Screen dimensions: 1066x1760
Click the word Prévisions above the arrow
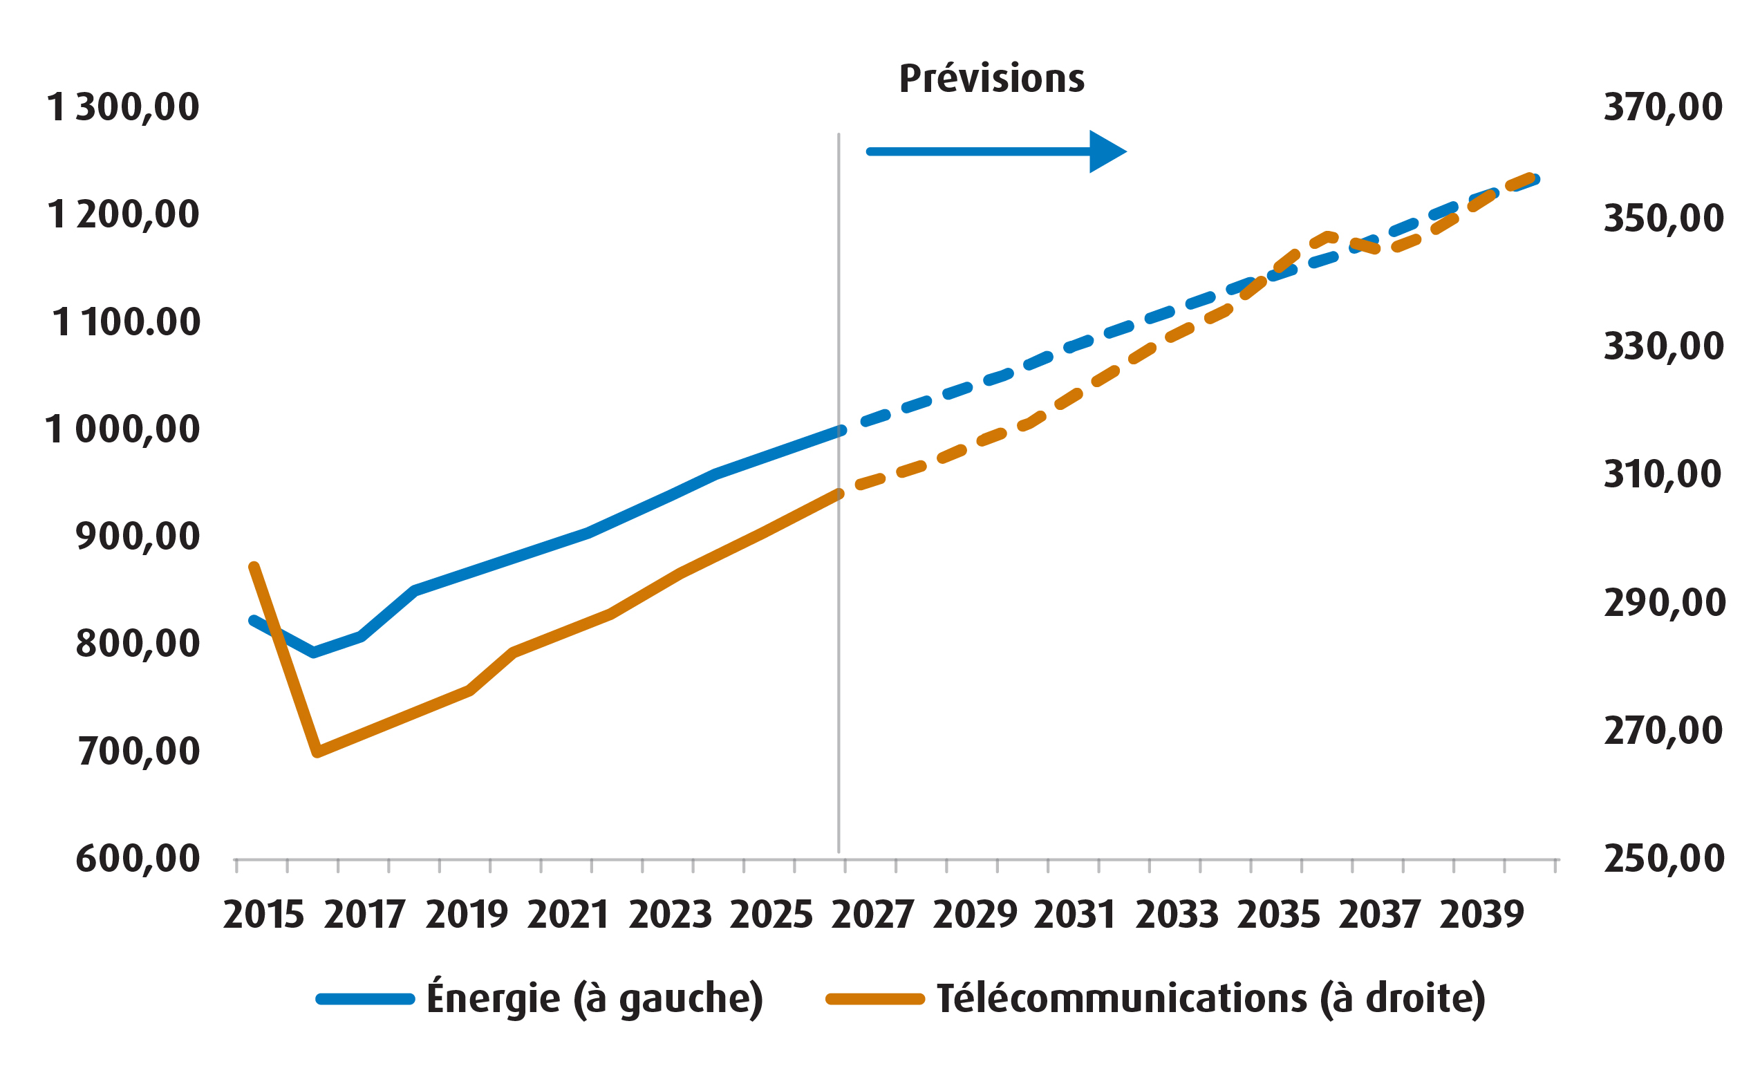[x=991, y=79]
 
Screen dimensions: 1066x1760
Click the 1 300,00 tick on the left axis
[x=123, y=108]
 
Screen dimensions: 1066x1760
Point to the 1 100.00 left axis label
[x=126, y=322]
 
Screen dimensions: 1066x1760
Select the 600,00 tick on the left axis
[x=137, y=858]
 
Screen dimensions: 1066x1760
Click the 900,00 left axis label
[x=137, y=536]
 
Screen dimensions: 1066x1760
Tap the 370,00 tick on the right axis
[x=1663, y=108]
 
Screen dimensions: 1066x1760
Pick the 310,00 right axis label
[x=1663, y=474]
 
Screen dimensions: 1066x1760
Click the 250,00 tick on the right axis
[x=1663, y=858]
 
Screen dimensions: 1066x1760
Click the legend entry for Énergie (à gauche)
[x=595, y=998]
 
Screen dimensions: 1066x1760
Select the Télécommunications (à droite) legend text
[x=1210, y=998]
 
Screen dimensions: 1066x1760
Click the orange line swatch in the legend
[x=875, y=999]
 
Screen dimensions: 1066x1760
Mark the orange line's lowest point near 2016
[x=318, y=751]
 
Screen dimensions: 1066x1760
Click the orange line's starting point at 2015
[x=254, y=568]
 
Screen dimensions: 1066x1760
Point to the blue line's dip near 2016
[x=314, y=653]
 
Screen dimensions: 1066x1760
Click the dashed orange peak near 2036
[x=1327, y=236]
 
